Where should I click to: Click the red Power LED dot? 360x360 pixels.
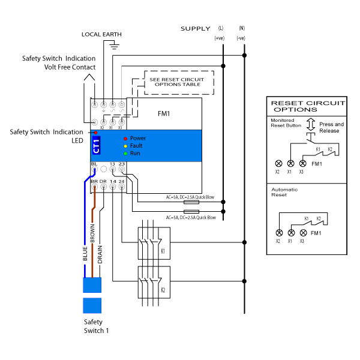tap(125, 139)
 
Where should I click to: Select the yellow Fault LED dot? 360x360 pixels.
tap(125, 146)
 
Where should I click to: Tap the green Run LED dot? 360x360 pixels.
tap(125, 153)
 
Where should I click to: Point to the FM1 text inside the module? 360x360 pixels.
tap(164, 113)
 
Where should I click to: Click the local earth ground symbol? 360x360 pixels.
tap(113, 44)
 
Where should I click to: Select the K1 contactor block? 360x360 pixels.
tap(154, 243)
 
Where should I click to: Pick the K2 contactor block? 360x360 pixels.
tap(154, 281)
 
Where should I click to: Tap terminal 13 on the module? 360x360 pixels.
tap(112, 163)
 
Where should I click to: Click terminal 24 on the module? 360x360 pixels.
tap(122, 181)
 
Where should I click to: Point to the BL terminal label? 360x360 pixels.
tap(94, 163)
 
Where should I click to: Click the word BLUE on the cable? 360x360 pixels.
tap(85, 251)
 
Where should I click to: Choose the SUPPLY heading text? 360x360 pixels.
tap(196, 29)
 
